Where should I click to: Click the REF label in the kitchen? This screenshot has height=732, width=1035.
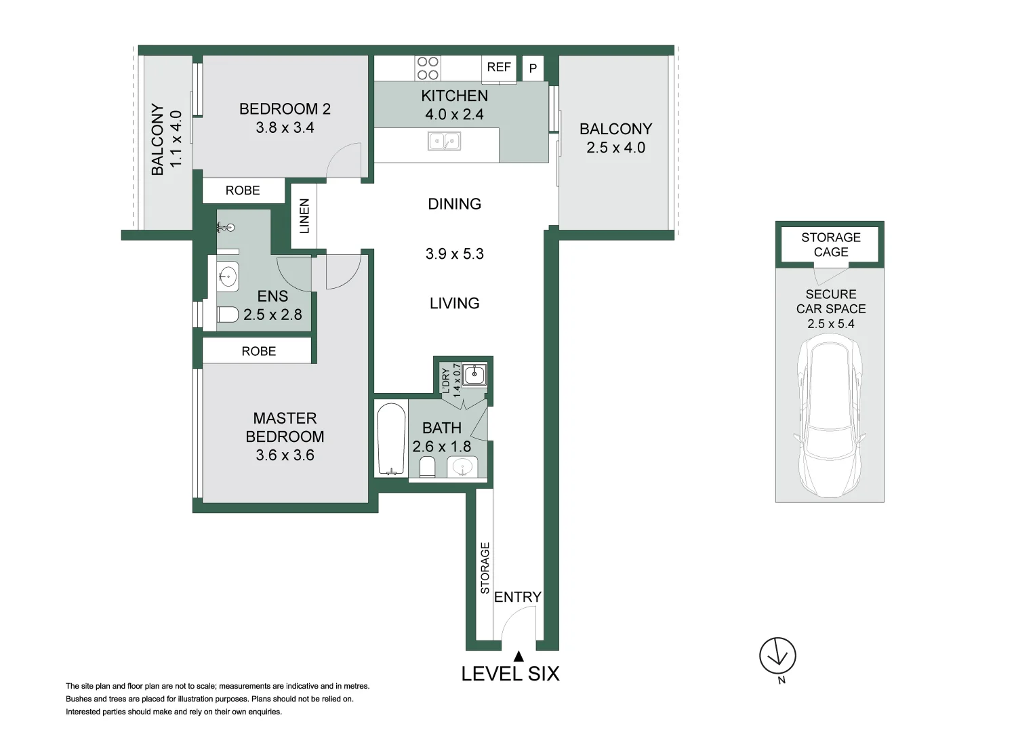point(499,68)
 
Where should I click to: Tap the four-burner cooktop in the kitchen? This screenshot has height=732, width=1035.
point(428,68)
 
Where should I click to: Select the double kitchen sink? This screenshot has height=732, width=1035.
point(444,142)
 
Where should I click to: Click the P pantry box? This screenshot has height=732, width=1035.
point(533,68)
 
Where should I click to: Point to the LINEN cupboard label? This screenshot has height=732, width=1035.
point(304,216)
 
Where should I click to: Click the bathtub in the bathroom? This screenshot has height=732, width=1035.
point(391,439)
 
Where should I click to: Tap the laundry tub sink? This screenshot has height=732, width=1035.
point(474,374)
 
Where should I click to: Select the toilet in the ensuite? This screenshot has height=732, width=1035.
point(227,314)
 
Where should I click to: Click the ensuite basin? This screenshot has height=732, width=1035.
point(227,277)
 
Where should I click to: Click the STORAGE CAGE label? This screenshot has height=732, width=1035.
point(831,245)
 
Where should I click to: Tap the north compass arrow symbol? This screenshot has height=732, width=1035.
point(777,655)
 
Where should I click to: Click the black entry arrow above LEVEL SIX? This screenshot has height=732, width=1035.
point(519,656)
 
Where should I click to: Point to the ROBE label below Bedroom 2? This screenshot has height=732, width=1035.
point(243,190)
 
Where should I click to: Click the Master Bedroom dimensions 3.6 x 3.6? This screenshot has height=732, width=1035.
point(285,455)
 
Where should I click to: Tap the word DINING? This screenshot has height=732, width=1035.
point(455,204)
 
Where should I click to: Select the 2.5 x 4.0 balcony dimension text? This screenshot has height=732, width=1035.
point(616,148)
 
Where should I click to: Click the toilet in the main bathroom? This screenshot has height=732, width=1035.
point(428,467)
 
